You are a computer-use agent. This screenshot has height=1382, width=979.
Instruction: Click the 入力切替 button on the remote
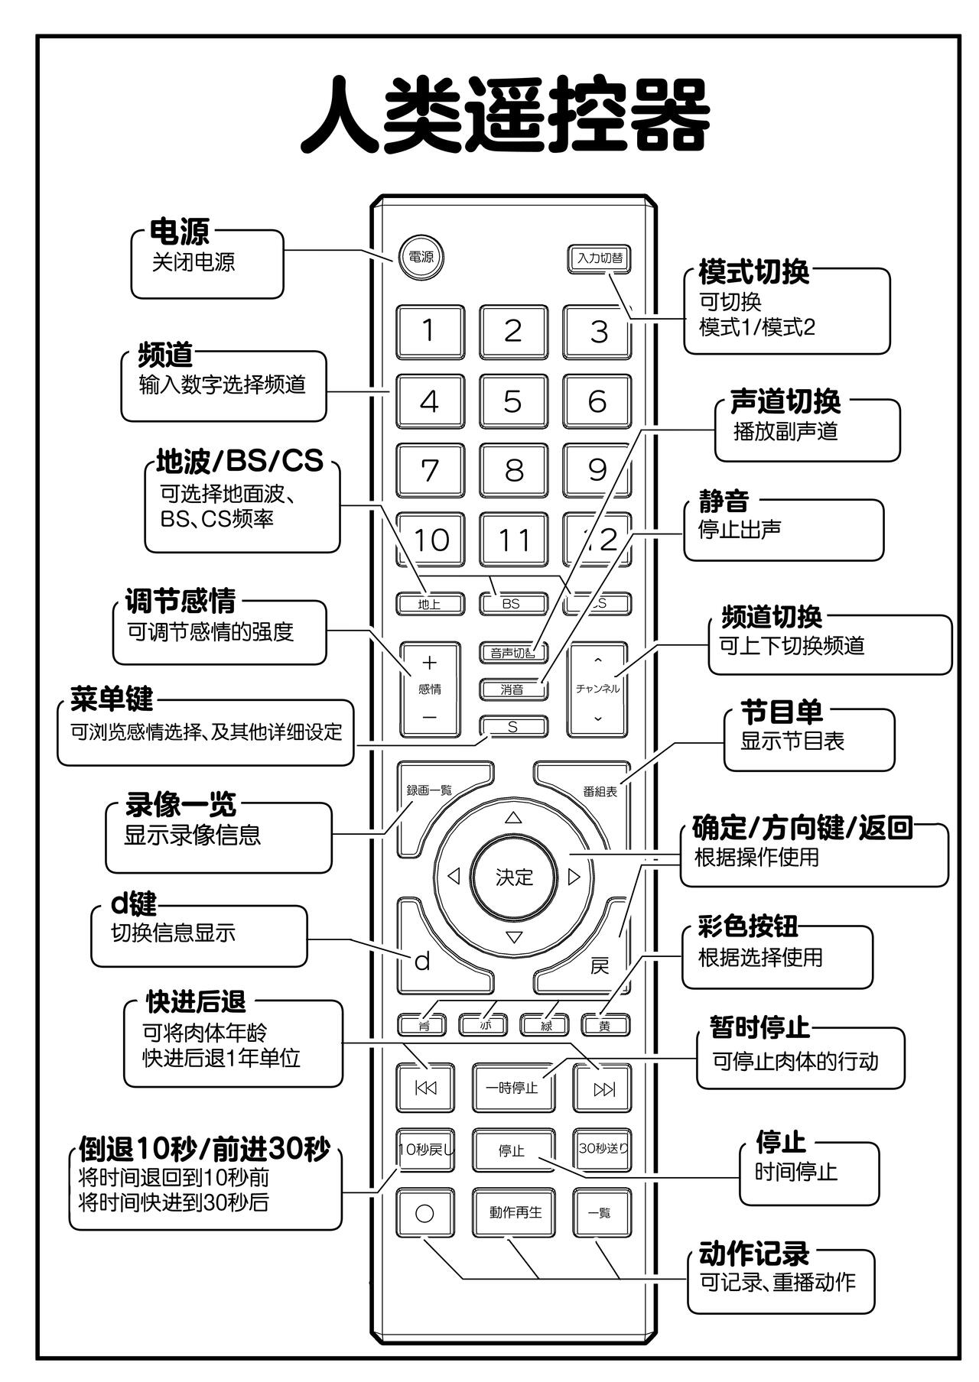click(x=600, y=258)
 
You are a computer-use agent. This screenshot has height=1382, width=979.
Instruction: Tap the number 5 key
click(x=512, y=401)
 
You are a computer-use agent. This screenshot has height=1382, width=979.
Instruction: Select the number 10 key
click(x=430, y=540)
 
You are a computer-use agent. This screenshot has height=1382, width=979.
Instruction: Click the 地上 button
click(x=429, y=604)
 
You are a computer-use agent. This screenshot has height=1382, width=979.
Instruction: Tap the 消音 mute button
click(x=512, y=689)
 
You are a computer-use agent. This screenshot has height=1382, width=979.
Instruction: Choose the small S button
click(x=512, y=727)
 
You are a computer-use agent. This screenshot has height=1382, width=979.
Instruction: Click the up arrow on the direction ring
click(x=513, y=818)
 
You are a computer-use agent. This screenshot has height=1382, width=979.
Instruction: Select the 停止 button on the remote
click(x=512, y=1150)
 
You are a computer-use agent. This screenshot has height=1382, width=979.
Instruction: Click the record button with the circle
click(x=424, y=1213)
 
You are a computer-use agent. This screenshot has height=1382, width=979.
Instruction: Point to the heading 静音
click(x=723, y=501)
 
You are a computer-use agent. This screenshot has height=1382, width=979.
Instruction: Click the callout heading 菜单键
click(x=112, y=699)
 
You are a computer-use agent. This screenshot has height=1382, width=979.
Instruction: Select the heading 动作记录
click(x=753, y=1254)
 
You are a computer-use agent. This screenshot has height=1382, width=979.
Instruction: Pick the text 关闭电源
click(x=194, y=262)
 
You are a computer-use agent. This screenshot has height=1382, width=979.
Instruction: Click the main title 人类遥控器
click(x=505, y=115)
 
